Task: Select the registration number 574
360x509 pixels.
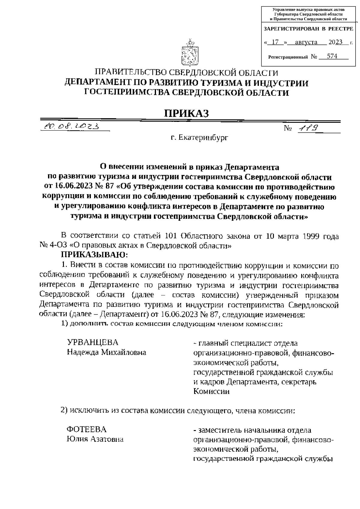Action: pos(332,56)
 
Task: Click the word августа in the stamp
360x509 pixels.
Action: pos(306,42)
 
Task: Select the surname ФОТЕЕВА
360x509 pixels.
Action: pos(86,429)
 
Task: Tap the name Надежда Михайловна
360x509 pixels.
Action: pos(106,352)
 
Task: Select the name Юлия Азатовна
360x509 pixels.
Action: pos(95,439)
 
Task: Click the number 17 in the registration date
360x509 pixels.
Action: pos(275,42)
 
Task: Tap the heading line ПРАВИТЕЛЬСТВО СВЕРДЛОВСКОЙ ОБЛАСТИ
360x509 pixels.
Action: pos(186,73)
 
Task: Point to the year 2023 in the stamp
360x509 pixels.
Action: pos(335,42)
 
